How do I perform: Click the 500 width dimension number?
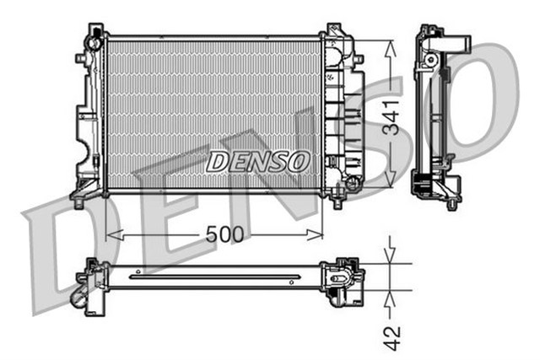pos(224,234)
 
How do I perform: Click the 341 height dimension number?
pos(391,117)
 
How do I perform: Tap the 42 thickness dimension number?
pos(392,337)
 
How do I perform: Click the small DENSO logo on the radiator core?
pos(258,161)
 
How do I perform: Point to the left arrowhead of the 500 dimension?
pos(115,235)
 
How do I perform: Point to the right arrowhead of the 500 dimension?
pos(315,235)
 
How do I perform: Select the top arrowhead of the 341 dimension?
pos(390,49)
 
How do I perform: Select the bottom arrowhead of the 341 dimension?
pos(390,180)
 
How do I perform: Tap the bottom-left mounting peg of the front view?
pos(79,203)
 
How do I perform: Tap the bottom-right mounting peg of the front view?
pos(337,203)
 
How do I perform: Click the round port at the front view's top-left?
pos(94,43)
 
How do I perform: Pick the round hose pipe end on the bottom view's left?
pos(78,298)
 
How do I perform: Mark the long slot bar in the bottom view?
pos(215,277)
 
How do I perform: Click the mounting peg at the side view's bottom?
pos(452,205)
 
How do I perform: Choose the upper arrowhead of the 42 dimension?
pos(390,255)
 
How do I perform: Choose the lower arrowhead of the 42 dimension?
pos(390,299)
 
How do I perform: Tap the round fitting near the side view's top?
pos(429,60)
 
